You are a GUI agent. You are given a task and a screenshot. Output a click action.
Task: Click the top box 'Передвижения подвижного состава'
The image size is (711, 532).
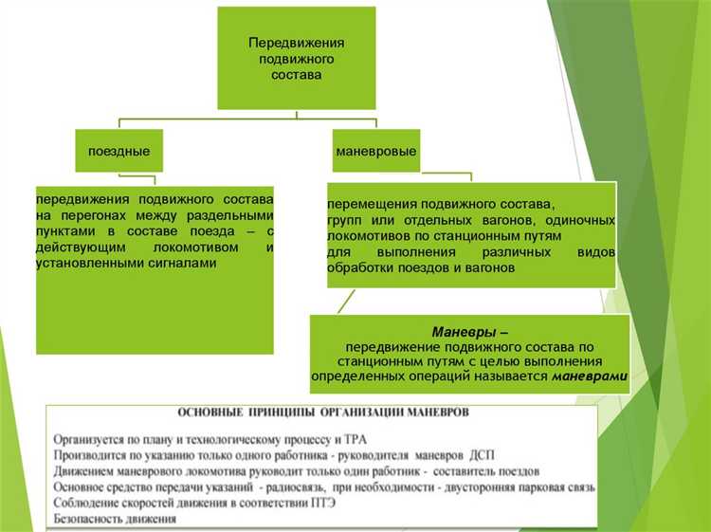click(296, 58)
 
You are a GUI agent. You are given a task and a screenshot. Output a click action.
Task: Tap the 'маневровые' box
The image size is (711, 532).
click(375, 151)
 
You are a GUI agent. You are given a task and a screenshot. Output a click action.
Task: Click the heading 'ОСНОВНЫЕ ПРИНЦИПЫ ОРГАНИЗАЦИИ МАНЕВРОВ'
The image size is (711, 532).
click(322, 413)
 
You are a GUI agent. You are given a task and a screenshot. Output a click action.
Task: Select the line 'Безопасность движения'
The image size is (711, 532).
click(115, 519)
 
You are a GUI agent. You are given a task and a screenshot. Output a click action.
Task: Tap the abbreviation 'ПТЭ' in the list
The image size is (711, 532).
click(317, 502)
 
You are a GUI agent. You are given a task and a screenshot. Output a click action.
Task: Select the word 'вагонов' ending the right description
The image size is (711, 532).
click(491, 268)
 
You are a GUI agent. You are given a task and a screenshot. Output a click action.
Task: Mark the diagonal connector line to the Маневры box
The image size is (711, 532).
click(347, 301)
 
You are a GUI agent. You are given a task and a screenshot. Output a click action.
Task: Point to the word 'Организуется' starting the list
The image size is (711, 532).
click(94, 438)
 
